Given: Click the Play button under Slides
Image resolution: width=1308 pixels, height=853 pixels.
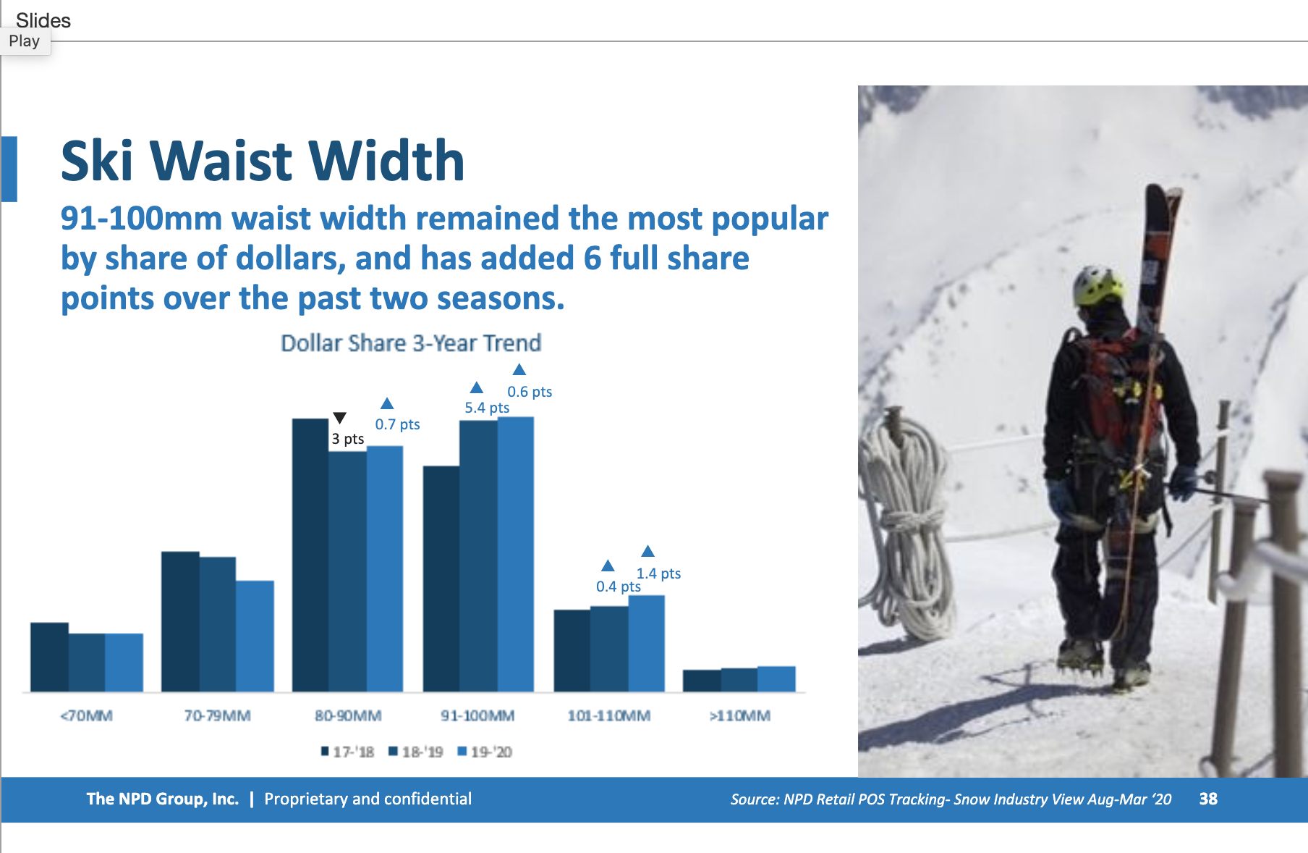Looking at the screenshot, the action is coord(25,41).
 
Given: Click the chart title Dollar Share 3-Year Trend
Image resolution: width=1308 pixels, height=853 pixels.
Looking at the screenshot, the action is coord(411,343).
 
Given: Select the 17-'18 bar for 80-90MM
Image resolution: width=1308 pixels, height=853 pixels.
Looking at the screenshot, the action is coord(310,555).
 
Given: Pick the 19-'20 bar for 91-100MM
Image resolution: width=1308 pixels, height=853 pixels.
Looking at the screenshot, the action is coord(516,554).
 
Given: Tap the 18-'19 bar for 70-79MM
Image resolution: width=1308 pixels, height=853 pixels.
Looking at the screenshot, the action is coord(218,624).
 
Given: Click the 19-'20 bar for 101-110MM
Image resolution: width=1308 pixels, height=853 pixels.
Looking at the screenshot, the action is coord(646,643).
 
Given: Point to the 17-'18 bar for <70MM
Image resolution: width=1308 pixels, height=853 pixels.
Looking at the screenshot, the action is coord(49,657).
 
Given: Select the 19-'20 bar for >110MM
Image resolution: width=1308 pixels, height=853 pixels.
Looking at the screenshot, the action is coord(776,678).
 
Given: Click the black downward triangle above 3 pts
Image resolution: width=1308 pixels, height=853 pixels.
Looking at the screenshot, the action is coord(339,418).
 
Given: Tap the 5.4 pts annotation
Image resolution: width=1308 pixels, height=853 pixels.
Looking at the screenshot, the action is coord(487,408).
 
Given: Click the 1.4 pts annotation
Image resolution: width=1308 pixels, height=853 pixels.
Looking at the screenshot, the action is coord(658,573).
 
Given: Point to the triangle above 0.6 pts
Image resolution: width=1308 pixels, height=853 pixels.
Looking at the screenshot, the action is coord(519,369).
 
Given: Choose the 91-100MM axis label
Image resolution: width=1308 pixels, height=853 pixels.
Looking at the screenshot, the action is coord(477,715).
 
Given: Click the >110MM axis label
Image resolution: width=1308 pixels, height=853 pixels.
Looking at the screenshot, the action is coord(739,715).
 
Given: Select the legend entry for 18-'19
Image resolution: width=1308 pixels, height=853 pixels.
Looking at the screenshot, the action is coord(416,752).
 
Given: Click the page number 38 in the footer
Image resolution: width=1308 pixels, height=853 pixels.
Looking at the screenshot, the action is coord(1208,799).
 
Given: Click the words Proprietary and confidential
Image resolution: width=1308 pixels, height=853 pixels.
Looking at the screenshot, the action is coord(368,799).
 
